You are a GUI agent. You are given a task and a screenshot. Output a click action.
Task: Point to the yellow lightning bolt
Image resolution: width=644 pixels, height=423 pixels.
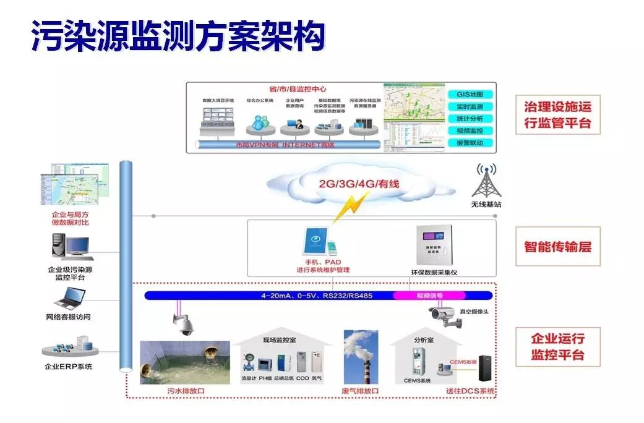point(350,206)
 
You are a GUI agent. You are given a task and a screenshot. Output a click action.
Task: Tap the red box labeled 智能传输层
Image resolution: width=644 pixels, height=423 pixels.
point(557,246)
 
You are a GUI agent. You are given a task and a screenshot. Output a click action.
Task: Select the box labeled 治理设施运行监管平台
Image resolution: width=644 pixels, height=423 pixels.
point(557,115)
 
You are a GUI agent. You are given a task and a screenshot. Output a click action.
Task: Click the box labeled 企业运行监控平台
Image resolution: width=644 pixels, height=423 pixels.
point(557,347)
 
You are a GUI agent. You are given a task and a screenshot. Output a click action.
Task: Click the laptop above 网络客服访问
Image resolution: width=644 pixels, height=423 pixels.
point(69,300)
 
